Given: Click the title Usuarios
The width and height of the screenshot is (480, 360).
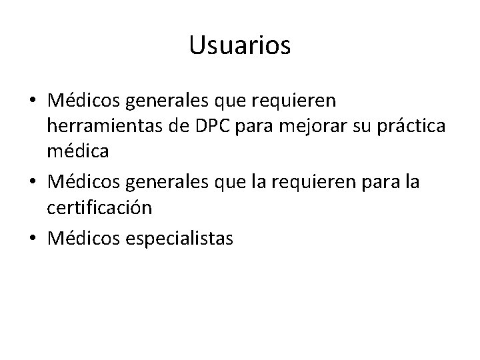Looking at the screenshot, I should coord(240,45).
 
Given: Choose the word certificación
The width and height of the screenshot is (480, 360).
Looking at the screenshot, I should coord(99,207).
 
